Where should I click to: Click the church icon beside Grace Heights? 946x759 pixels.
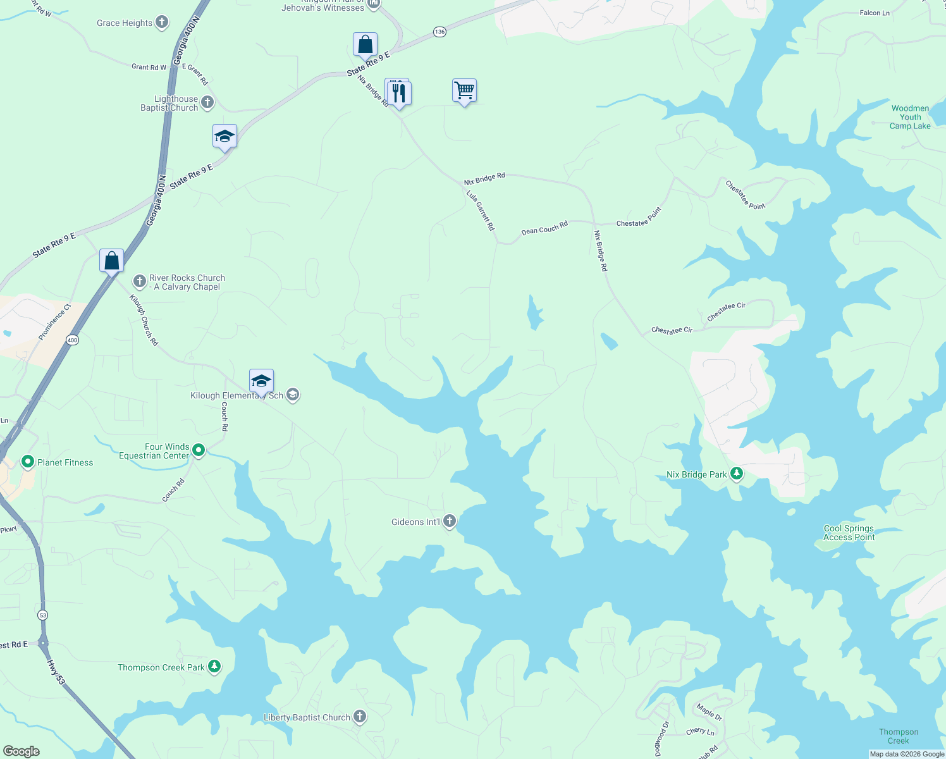[x=162, y=23]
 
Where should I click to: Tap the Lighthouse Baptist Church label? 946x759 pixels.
[x=169, y=104]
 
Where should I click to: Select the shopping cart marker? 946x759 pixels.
[x=464, y=91]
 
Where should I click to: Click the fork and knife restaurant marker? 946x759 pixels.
[x=399, y=93]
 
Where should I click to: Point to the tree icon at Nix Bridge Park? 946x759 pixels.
[x=736, y=474]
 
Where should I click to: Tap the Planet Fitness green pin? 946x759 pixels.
[x=28, y=462]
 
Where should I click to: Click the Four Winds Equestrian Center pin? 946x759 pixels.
[x=199, y=450]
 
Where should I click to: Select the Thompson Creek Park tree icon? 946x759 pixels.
[x=214, y=667]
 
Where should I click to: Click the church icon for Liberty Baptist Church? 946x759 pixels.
[x=359, y=717]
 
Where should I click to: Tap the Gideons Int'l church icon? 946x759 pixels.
[x=450, y=521]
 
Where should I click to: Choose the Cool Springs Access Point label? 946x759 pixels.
[x=849, y=533]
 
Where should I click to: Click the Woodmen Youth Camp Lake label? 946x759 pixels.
[x=910, y=117]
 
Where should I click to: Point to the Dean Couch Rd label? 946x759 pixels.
[x=544, y=228]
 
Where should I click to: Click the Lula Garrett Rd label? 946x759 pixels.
[x=481, y=210]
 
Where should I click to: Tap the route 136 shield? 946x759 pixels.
[x=439, y=32]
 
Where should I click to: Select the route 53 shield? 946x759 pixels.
[x=42, y=615]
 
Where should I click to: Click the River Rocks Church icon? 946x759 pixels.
[x=139, y=281]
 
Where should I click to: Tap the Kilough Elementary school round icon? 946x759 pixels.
[x=292, y=395]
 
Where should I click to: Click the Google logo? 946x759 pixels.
[x=21, y=751]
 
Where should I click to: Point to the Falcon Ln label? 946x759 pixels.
[x=875, y=13]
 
